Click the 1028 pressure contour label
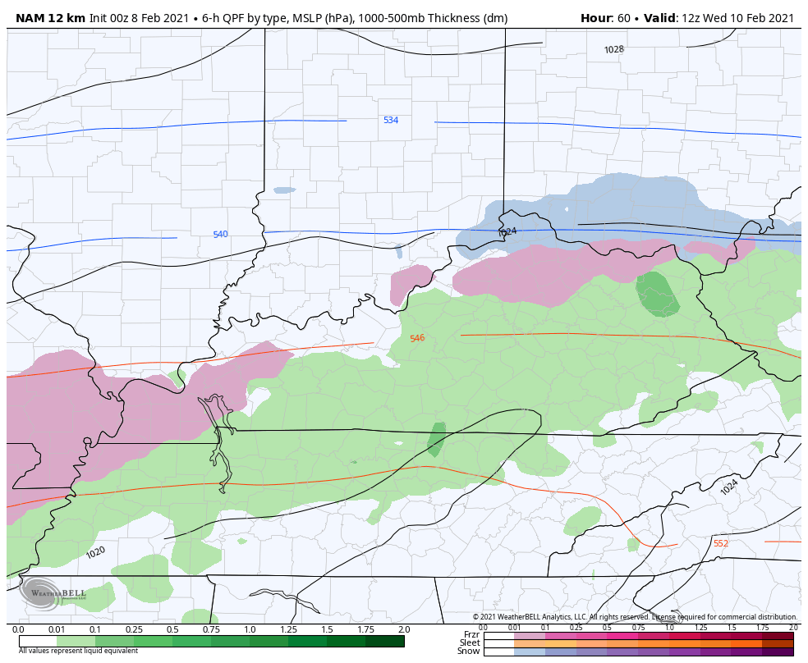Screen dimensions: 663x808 [x=614, y=49]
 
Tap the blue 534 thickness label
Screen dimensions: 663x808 [x=391, y=121]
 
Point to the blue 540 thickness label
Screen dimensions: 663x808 [x=220, y=235]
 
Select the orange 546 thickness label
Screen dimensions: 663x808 [x=417, y=338]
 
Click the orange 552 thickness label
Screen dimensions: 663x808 [x=720, y=544]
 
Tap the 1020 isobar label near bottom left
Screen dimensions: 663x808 [x=96, y=552]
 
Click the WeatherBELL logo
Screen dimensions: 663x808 [x=53, y=593]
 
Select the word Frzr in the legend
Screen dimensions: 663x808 [x=471, y=634]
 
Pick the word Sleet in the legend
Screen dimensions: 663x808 [x=470, y=642]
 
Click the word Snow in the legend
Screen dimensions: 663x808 [x=469, y=651]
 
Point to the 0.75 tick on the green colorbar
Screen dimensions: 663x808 [x=211, y=629]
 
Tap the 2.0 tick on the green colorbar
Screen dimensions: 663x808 [x=403, y=629]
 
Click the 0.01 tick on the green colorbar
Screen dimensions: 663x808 [x=57, y=629]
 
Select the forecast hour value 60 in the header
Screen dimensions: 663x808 [x=624, y=18]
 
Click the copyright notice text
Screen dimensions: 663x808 [x=634, y=617]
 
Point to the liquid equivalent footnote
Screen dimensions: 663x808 [x=78, y=651]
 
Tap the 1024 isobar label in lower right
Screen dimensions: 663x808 [x=729, y=487]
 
